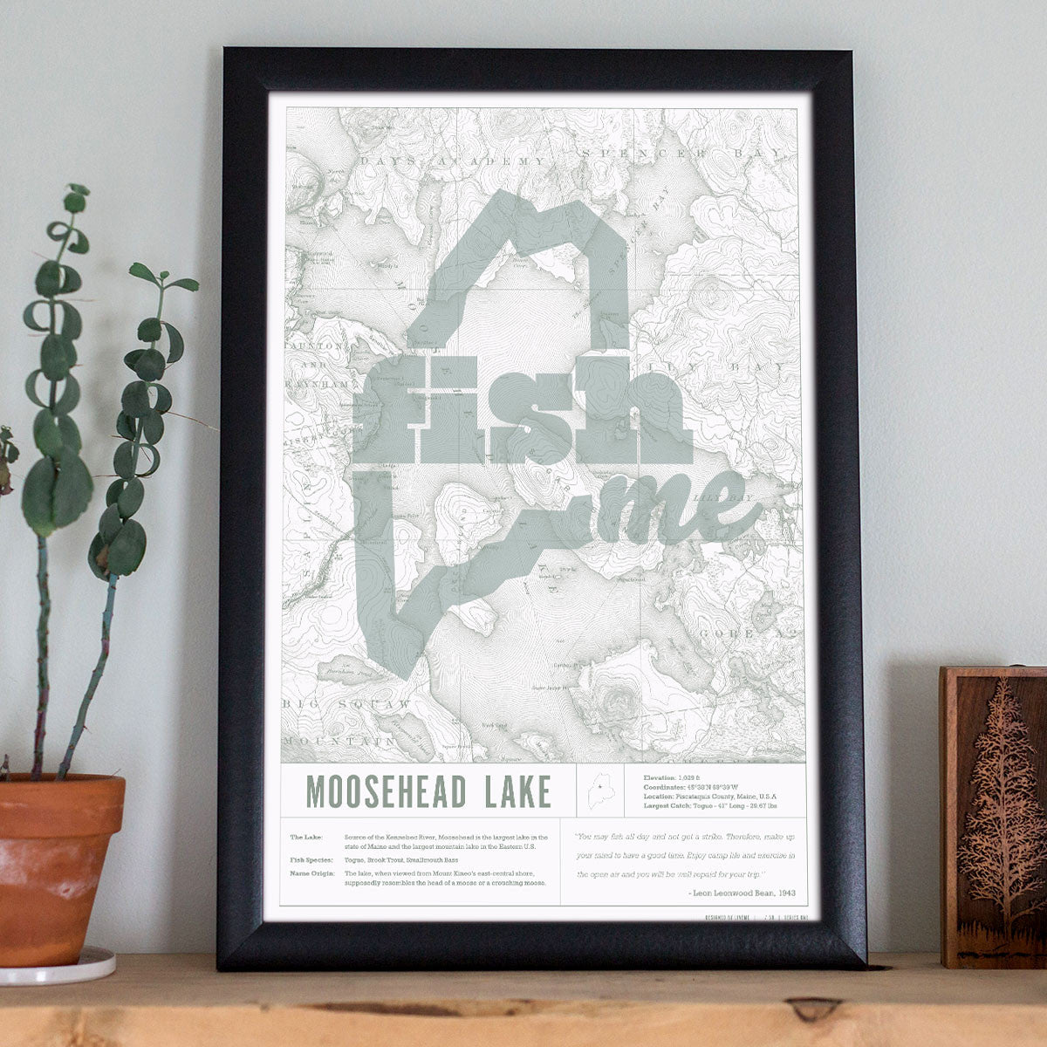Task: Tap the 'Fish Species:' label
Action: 311,859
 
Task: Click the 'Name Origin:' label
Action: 311,872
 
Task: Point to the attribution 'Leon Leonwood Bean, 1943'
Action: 741,892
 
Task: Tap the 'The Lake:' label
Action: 305,837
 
